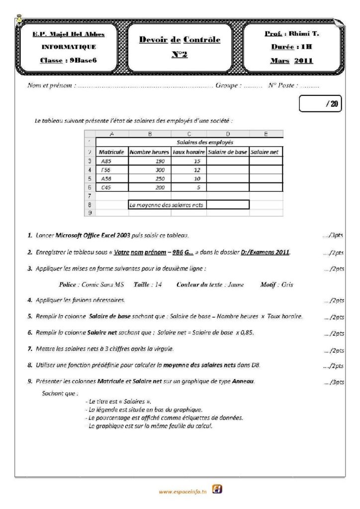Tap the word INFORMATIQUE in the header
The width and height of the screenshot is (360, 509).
pos(69,47)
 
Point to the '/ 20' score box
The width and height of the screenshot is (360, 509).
pos(321,104)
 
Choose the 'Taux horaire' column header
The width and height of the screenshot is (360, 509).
pos(188,152)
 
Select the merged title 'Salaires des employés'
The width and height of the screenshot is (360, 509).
pos(205,142)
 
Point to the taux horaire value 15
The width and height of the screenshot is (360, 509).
pos(188,161)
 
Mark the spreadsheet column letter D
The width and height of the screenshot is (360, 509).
pos(228,133)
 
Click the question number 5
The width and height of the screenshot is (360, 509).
pos(30,316)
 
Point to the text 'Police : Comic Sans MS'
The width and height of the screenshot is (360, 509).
pos(89,285)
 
